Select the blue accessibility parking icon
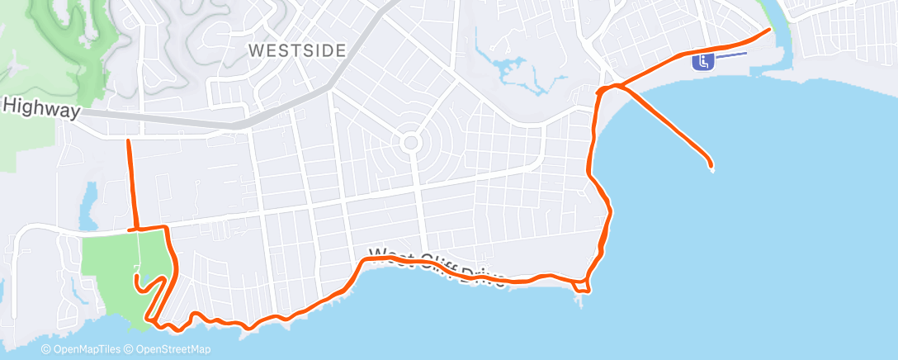(x=703, y=61)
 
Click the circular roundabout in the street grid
(x=410, y=144)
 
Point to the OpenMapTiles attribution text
(x=83, y=349)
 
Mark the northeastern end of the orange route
(x=769, y=30)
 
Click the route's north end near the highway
(x=128, y=142)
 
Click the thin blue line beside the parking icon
(x=731, y=54)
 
